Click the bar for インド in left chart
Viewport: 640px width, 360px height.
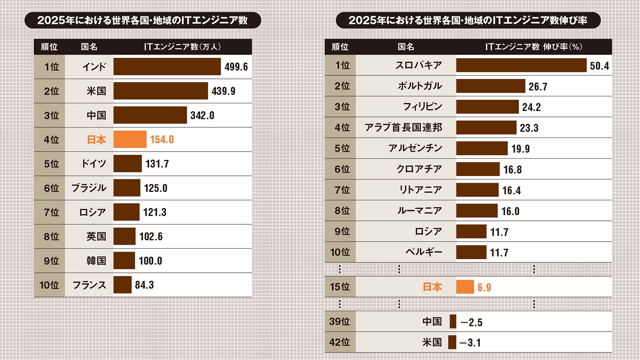point(167,66)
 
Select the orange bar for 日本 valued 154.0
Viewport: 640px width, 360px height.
point(130,139)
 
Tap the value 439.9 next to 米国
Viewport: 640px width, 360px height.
point(223,91)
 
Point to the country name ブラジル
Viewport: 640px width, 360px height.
point(89,188)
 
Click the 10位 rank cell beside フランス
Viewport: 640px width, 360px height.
point(49,285)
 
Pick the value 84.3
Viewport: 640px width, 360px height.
point(144,285)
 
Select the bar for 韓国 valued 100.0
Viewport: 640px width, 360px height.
point(124,261)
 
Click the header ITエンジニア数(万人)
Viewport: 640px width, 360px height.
point(182,47)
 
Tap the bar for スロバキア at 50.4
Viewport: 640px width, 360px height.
point(521,65)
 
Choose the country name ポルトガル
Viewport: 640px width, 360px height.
point(420,86)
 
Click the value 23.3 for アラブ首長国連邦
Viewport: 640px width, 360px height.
point(529,128)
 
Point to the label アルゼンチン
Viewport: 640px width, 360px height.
point(415,148)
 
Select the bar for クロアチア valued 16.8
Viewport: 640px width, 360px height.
point(478,169)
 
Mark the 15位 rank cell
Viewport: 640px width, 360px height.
point(340,287)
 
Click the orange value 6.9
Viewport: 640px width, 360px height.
point(484,288)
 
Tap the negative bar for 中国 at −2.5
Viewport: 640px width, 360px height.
point(453,322)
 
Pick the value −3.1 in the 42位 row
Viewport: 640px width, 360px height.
point(470,343)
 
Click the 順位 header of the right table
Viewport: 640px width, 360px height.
point(340,47)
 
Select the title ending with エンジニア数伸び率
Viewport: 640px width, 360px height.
point(468,20)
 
